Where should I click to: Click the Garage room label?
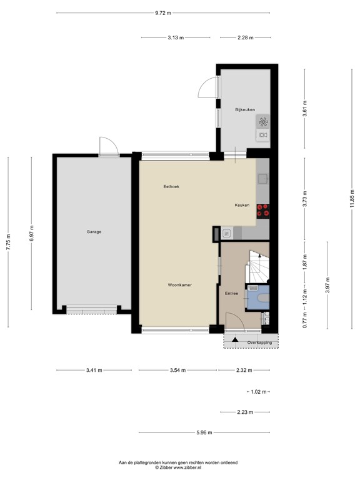coord(94,232)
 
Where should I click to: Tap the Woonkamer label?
coord(179,285)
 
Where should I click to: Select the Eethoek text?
coord(171,186)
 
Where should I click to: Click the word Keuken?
coord(242,205)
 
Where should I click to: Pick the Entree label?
coord(231,292)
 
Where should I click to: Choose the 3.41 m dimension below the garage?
coord(95,370)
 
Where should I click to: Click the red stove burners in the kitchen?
coord(263,211)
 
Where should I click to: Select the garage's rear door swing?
coord(107,146)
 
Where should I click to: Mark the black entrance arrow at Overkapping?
coord(235,341)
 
